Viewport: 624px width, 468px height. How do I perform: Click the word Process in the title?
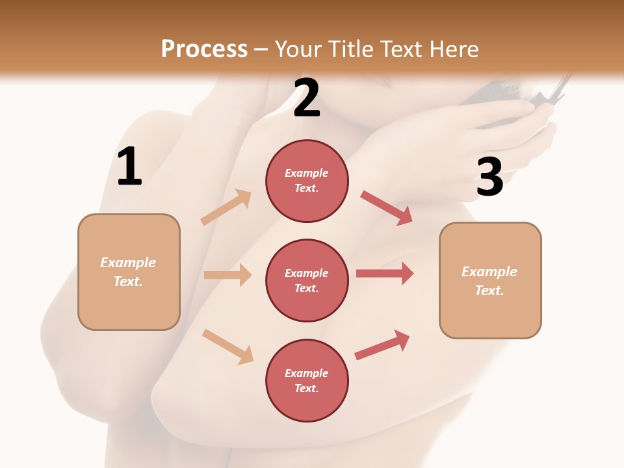click(x=204, y=49)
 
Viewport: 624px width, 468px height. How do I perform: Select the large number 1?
click(x=129, y=167)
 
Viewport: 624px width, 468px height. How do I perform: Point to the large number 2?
click(x=307, y=98)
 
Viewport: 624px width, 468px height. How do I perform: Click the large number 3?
click(x=489, y=177)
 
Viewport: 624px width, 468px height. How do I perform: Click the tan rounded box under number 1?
click(x=129, y=272)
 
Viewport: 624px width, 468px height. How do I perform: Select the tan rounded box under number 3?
click(x=490, y=280)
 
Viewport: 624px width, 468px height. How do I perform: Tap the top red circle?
click(x=307, y=181)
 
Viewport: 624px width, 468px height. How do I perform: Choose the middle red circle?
click(x=307, y=280)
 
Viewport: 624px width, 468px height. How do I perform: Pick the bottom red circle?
click(x=307, y=380)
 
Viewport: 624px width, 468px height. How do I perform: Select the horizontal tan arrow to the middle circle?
click(x=227, y=275)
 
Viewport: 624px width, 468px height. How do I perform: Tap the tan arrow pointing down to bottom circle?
click(x=227, y=346)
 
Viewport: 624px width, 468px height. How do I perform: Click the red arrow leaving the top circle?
click(x=386, y=207)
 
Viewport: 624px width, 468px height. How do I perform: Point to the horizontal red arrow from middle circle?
click(x=384, y=274)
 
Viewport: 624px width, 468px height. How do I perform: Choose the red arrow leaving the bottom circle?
click(x=382, y=345)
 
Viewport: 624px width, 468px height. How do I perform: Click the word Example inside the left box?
click(x=128, y=263)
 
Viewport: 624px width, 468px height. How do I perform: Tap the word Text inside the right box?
click(x=489, y=291)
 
